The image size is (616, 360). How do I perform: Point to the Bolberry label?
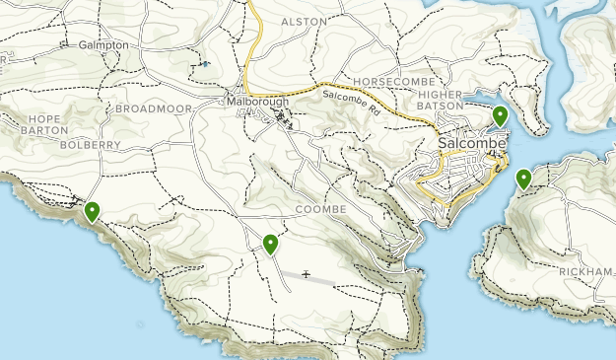click(88, 145)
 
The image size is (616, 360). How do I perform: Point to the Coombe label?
click(320, 210)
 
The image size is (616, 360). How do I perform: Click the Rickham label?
click(586, 271)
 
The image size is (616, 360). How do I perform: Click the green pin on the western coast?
click(93, 210)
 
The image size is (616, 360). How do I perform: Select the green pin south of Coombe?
click(270, 243)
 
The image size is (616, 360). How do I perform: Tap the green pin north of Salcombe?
click(500, 115)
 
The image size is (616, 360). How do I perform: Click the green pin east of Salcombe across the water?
click(523, 179)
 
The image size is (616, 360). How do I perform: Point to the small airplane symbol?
click(308, 274)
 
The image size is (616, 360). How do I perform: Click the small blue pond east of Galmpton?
click(205, 64)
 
